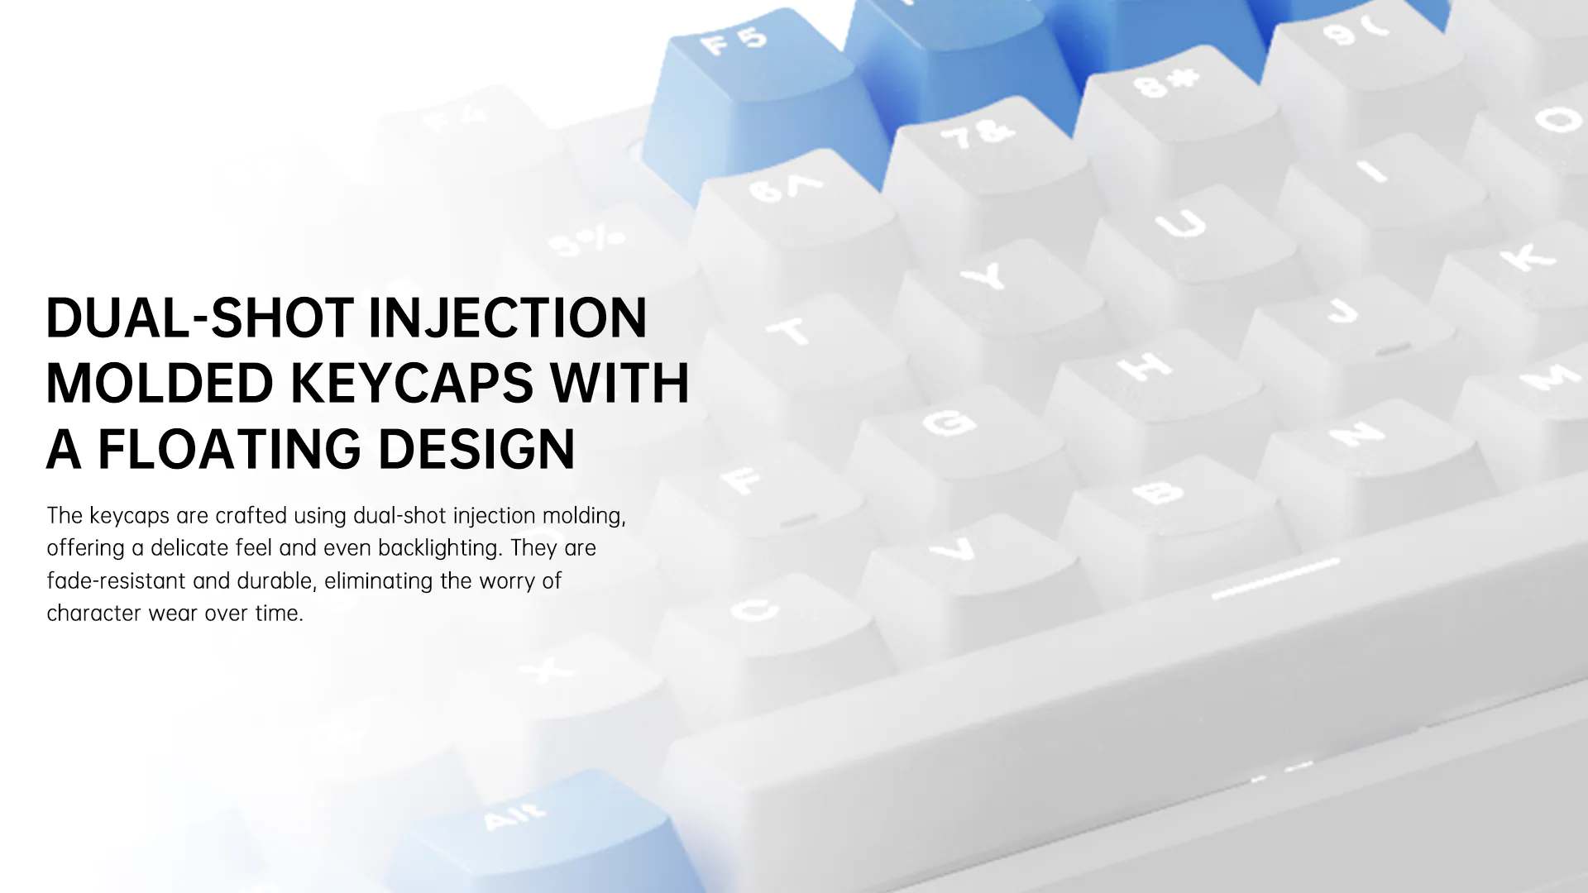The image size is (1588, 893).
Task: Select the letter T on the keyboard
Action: (789, 332)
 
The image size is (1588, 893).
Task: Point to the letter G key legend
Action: (949, 422)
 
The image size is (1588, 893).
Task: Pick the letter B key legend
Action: (1158, 493)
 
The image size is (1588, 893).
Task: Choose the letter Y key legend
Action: (984, 276)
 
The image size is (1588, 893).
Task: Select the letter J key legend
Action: (1342, 312)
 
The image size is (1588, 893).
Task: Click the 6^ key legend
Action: (785, 188)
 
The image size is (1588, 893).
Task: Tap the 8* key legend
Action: (1167, 81)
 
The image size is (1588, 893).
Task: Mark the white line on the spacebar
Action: (1275, 578)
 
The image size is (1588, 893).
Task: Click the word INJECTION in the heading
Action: (507, 318)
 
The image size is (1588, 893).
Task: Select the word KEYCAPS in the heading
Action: (412, 383)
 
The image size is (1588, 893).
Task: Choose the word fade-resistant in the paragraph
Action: (116, 580)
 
